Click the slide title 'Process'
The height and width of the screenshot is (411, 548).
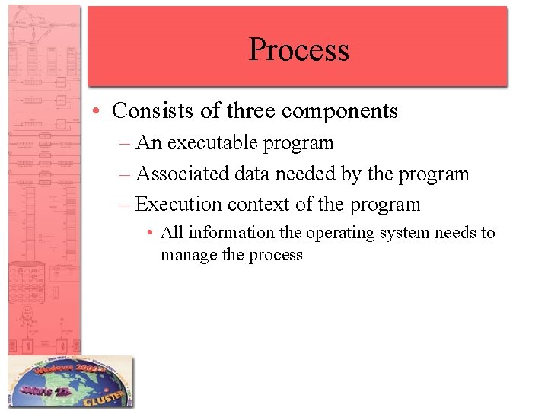pyautogui.click(x=298, y=49)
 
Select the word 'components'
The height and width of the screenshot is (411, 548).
pyautogui.click(x=339, y=112)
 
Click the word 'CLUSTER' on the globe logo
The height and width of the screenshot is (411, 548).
pyautogui.click(x=103, y=396)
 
